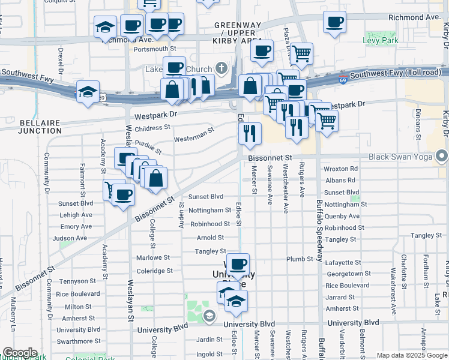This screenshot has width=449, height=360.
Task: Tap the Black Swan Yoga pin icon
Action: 442,157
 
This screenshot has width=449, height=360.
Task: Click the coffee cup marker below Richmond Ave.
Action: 334,23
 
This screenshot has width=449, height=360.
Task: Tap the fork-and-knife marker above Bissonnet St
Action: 249,133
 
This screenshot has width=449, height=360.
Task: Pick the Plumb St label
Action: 300,259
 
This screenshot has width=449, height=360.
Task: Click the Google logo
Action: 20,353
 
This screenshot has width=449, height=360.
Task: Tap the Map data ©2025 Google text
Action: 412,355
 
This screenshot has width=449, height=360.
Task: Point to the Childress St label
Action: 152,128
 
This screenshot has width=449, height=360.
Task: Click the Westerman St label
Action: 194,135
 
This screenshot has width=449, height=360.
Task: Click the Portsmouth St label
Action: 155,49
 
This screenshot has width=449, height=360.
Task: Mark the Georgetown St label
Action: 348,274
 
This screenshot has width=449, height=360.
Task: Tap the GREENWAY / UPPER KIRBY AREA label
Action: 238,30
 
